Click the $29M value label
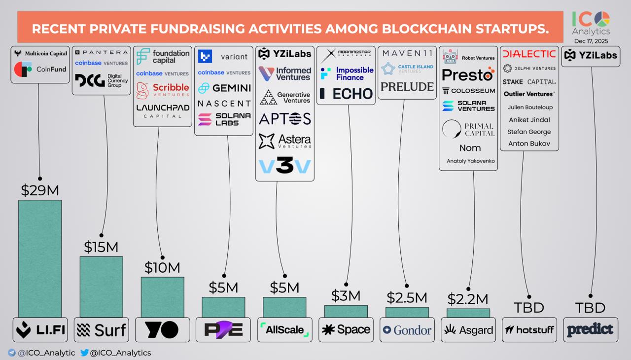click(40, 190)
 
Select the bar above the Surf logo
click(101, 287)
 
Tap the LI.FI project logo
click(40, 330)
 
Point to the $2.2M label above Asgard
click(468, 299)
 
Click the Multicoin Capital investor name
click(40, 54)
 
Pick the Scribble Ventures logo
click(162, 90)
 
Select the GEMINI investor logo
click(224, 88)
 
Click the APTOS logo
click(284, 119)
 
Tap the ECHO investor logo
click(346, 94)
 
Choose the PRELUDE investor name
click(407, 87)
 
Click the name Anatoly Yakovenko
click(470, 161)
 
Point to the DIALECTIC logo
click(529, 54)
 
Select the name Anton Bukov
click(529, 144)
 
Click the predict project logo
click(590, 330)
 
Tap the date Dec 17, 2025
click(591, 41)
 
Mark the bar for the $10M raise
click(162, 297)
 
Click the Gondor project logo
click(407, 330)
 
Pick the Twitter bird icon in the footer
click(84, 353)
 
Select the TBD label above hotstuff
click(529, 308)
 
